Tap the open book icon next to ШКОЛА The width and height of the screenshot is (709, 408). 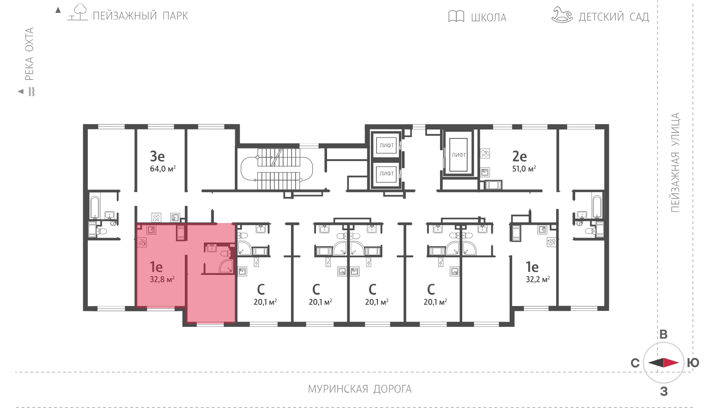[x=456, y=16]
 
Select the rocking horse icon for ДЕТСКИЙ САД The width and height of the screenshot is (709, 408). [x=562, y=15]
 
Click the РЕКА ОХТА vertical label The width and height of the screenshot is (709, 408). [x=29, y=54]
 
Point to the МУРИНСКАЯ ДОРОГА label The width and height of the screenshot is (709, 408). [x=360, y=389]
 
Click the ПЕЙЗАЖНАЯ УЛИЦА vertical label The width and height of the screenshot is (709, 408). [x=675, y=162]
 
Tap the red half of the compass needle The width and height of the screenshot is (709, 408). [x=671, y=362]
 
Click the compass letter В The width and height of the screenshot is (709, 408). [x=663, y=334]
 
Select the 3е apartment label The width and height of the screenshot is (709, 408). [x=157, y=156]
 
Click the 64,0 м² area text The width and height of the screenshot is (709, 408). [x=163, y=169]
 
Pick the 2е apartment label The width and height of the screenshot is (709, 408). [x=519, y=156]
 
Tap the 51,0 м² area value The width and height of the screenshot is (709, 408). [x=524, y=169]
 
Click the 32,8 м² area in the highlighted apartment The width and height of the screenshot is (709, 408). [x=162, y=279]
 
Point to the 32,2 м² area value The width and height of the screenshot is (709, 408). [x=538, y=279]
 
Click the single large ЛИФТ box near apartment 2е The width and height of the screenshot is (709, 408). [x=459, y=155]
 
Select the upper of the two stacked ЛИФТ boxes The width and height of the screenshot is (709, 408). [x=386, y=145]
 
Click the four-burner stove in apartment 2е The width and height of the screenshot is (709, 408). [x=485, y=153]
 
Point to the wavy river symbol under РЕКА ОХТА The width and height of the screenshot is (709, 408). [x=31, y=91]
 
